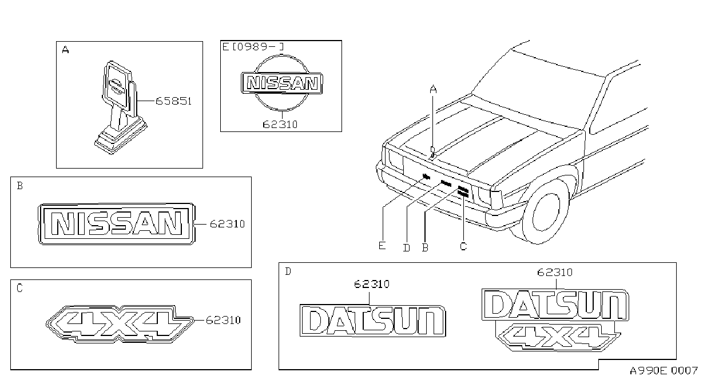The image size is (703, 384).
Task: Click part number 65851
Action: pyautogui.click(x=173, y=101)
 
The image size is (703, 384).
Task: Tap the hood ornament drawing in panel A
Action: pyautogui.click(x=121, y=107)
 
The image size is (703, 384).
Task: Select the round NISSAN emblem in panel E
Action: pyautogui.click(x=281, y=83)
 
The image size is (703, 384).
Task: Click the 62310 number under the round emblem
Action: pyautogui.click(x=280, y=125)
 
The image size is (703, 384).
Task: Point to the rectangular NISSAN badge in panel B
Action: pyautogui.click(x=117, y=223)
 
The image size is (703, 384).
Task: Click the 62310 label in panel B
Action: pyautogui.click(x=227, y=224)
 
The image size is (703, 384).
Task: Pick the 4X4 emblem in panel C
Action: pyautogui.click(x=120, y=324)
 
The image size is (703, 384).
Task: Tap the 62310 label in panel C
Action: pyautogui.click(x=223, y=320)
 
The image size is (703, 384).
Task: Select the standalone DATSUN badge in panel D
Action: pyautogui.click(x=373, y=321)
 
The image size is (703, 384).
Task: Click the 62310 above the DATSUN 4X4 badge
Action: pyautogui.click(x=555, y=272)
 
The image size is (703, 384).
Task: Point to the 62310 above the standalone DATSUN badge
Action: pyautogui.click(x=372, y=284)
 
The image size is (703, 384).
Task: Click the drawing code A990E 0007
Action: pyautogui.click(x=664, y=371)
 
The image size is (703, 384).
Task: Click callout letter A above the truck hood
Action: pyautogui.click(x=433, y=90)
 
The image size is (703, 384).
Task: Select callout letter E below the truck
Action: pyautogui.click(x=382, y=246)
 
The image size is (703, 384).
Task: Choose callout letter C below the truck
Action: pyautogui.click(x=463, y=246)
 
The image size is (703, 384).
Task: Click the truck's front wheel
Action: pyautogui.click(x=546, y=212)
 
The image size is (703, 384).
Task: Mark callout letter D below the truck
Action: pyautogui.click(x=407, y=248)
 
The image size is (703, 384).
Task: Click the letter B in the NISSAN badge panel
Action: pyautogui.click(x=20, y=186)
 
